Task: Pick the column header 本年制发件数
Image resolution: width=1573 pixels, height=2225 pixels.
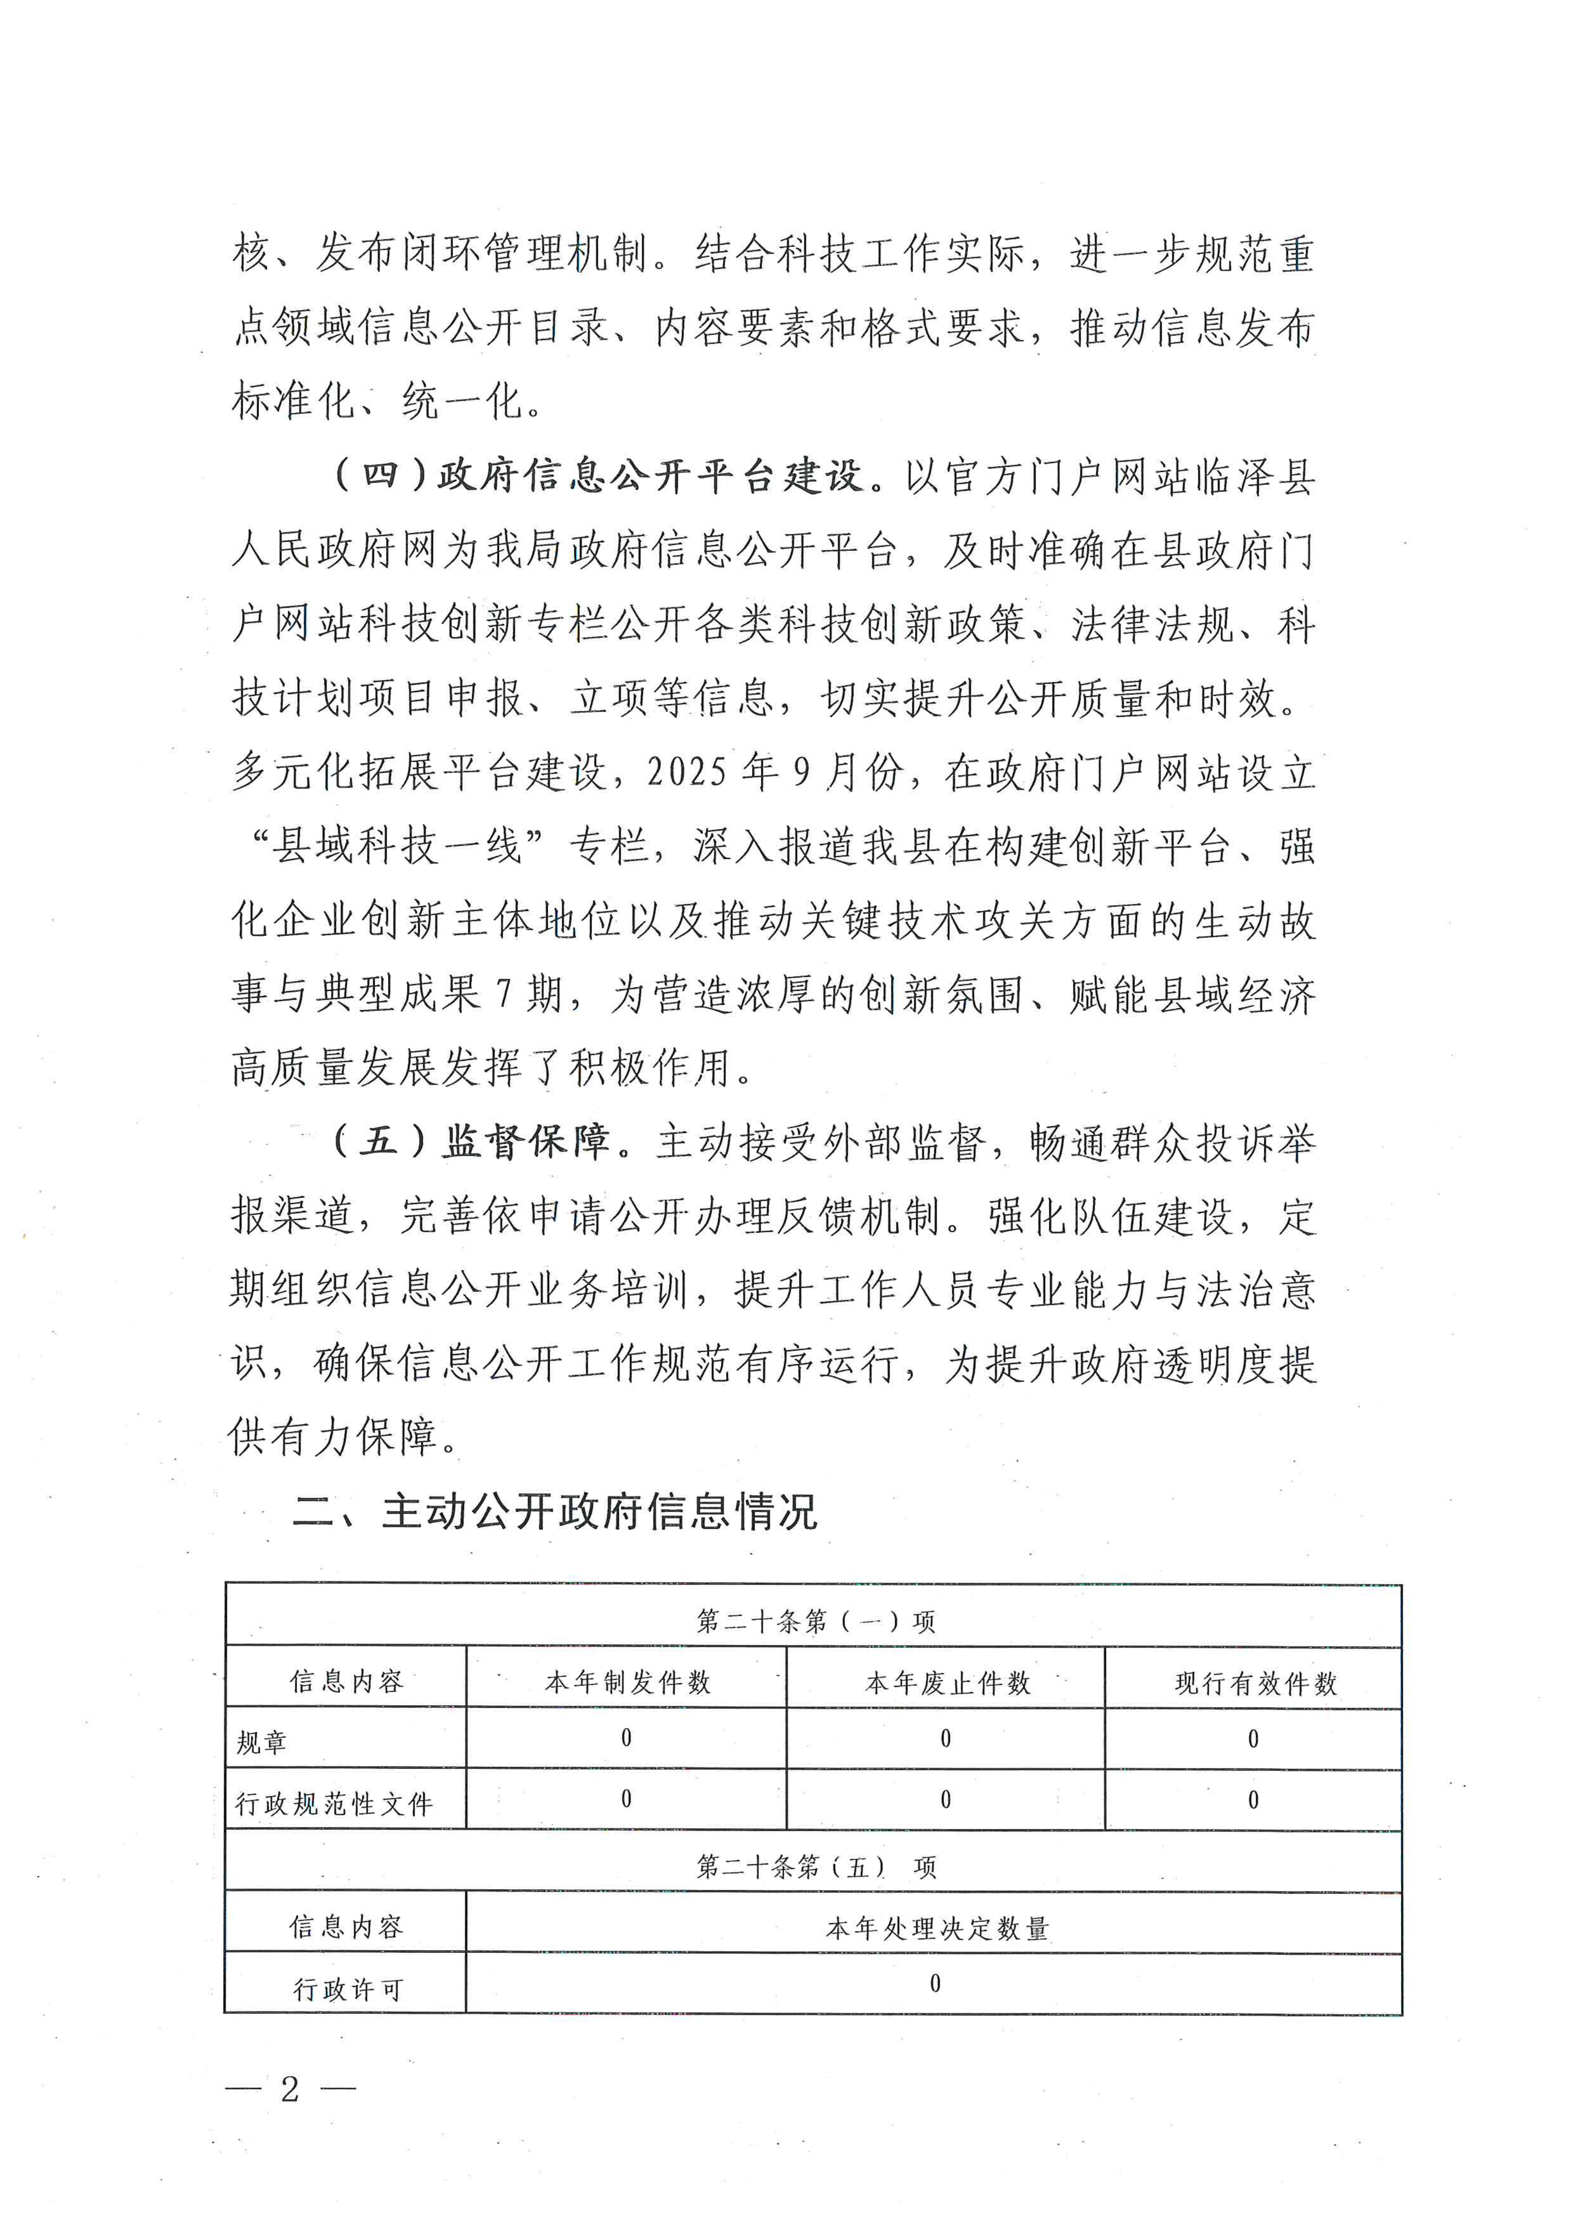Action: [627, 1682]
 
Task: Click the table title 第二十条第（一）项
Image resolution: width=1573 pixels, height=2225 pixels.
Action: [815, 1621]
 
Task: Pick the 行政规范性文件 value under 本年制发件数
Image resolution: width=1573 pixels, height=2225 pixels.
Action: [626, 1800]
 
